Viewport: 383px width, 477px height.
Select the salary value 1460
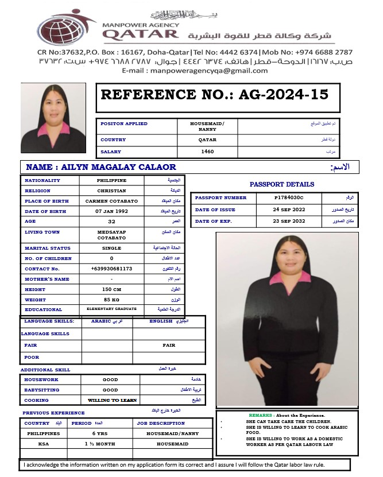[207, 152]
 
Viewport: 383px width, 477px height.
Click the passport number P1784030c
[288, 198]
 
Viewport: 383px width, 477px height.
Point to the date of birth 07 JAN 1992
[111, 211]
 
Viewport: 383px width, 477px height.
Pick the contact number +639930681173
[111, 269]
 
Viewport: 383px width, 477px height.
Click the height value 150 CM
[111, 289]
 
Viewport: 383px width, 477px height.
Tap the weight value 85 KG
[111, 300]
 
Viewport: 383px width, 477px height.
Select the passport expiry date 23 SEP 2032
[288, 221]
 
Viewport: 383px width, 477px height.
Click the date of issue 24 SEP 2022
[288, 210]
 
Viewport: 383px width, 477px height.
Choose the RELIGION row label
[38, 191]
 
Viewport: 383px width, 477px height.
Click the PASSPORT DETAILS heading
[282, 185]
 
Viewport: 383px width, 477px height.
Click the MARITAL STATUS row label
[48, 248]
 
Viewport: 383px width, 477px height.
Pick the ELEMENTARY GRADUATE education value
[111, 309]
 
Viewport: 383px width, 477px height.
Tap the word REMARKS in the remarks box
[261, 415]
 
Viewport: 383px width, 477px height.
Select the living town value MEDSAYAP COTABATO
[111, 235]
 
